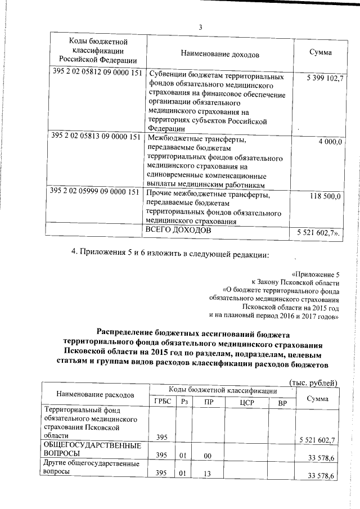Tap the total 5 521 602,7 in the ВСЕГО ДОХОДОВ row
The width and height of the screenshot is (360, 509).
[315, 232]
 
